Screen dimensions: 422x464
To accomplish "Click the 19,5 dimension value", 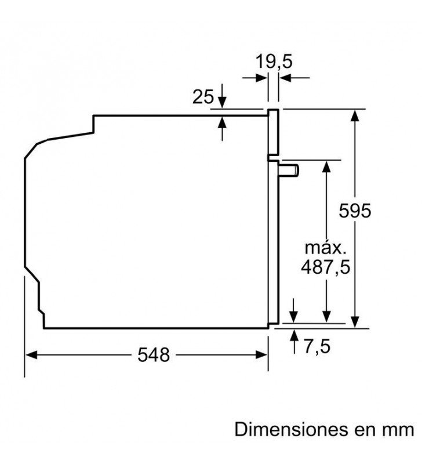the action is point(274,62).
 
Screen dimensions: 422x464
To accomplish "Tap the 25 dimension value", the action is point(202,96).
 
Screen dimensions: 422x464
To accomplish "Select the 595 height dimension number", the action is point(355,211).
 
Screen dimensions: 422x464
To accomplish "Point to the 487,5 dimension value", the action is point(325,267).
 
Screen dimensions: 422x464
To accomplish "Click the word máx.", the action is point(325,248).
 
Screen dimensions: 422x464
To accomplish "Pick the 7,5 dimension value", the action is point(316,346).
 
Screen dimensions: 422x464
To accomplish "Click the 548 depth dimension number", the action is point(154,354).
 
